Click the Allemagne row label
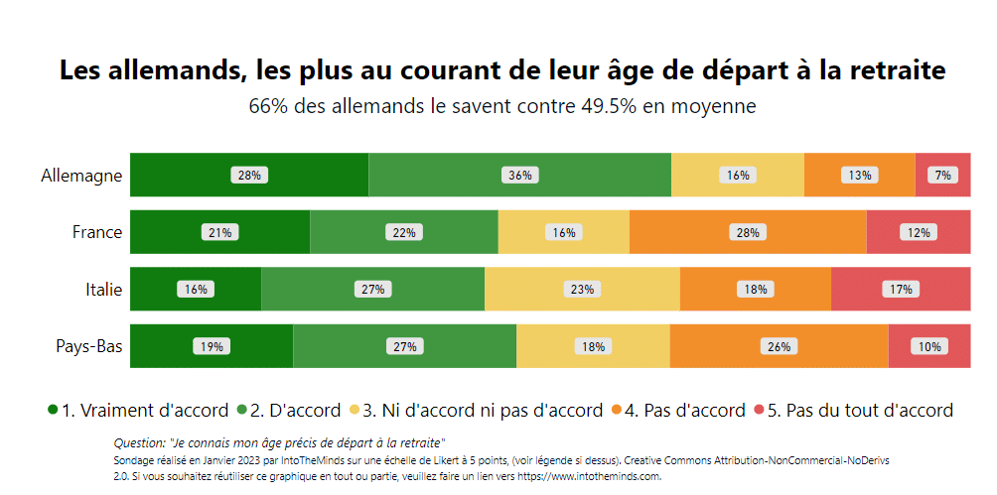81,176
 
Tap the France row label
97,232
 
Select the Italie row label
103,290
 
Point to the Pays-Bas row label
88,346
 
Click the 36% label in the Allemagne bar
520,176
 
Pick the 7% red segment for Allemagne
942,176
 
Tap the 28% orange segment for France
747,233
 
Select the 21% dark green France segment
219,233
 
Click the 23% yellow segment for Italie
582,290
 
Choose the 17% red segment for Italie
901,290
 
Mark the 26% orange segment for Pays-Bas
779,347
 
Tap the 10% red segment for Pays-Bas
929,347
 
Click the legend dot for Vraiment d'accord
53,411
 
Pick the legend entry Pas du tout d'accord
860,411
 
